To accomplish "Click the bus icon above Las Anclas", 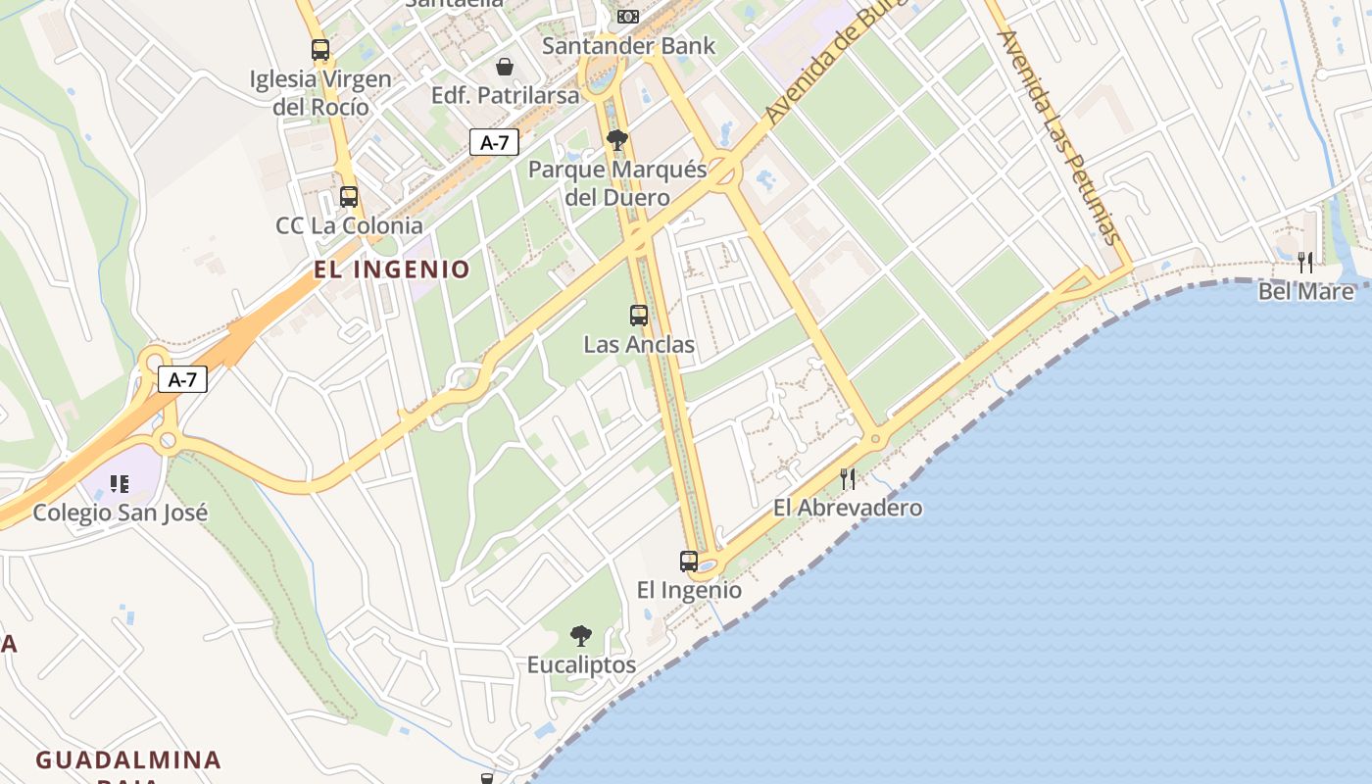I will pyautogui.click(x=639, y=316).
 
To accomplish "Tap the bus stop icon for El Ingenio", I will pyautogui.click(x=689, y=562).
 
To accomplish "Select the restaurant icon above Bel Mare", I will pyautogui.click(x=1305, y=262).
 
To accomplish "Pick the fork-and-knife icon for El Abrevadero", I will pyautogui.click(x=848, y=479).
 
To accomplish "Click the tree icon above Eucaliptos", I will pyautogui.click(x=581, y=636).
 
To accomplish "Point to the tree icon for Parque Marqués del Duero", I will pyautogui.click(x=616, y=140).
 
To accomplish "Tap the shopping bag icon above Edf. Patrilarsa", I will pyautogui.click(x=505, y=67).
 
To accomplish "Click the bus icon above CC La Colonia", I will pyautogui.click(x=348, y=197).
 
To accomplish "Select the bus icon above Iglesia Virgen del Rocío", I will pyautogui.click(x=320, y=50).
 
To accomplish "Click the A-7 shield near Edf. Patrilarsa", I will pyautogui.click(x=494, y=142).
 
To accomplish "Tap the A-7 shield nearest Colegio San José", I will pyautogui.click(x=183, y=379).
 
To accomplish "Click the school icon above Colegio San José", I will pyautogui.click(x=120, y=483).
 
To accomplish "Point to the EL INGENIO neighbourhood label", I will pyautogui.click(x=392, y=269).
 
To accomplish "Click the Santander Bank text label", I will pyautogui.click(x=629, y=45).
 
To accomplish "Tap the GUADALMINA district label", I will pyautogui.click(x=128, y=759).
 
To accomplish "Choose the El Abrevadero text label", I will pyautogui.click(x=848, y=508).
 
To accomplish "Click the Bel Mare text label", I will pyautogui.click(x=1306, y=291).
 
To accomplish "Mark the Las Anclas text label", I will pyautogui.click(x=639, y=345).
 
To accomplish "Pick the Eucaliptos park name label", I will pyautogui.click(x=582, y=665).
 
